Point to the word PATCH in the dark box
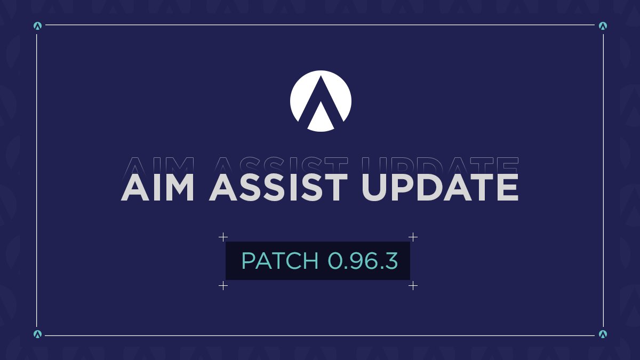tap(280, 261)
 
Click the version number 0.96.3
tap(363, 261)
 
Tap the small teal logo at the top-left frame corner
tap(37, 25)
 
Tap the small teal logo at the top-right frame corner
tap(603, 25)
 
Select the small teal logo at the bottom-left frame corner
tap(37, 334)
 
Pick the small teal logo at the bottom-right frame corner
tap(603, 334)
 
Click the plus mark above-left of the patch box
tap(223, 237)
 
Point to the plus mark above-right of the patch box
tap(413, 237)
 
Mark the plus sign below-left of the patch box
tap(223, 286)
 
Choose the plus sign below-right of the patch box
tap(413, 286)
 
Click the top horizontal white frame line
tap(320, 25)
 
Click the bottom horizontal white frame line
tap(320, 335)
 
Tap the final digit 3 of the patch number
tap(391, 261)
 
